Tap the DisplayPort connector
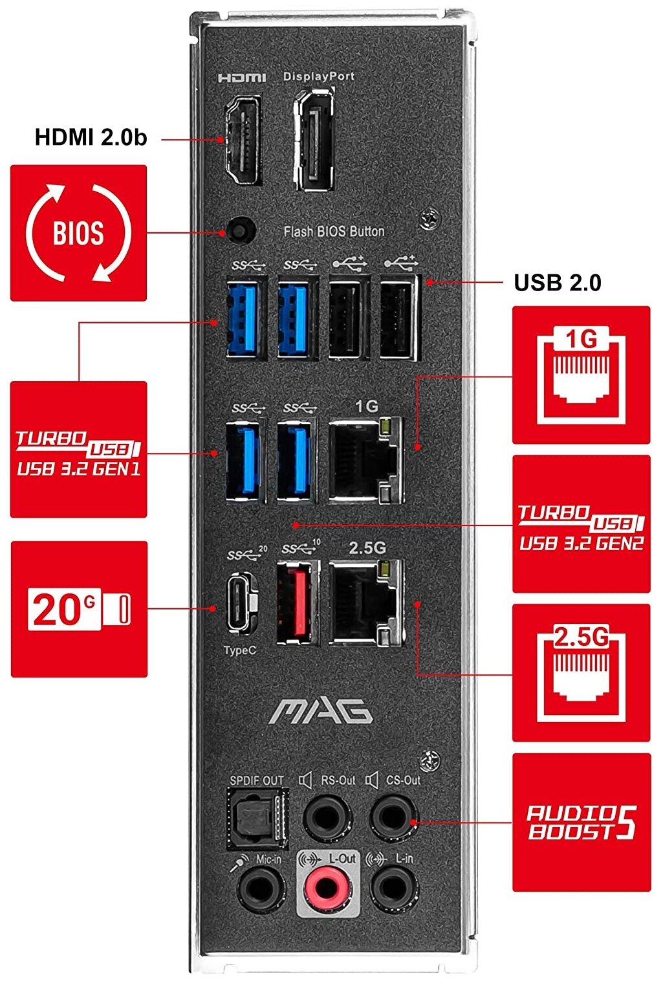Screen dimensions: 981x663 (315, 140)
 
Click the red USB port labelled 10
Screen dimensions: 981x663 (297, 602)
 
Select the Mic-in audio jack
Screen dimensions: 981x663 (261, 888)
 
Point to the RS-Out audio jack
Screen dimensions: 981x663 (327, 817)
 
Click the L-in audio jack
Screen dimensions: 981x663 (393, 888)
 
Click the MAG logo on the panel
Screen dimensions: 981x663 (321, 711)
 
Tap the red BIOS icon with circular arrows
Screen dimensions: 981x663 (78, 233)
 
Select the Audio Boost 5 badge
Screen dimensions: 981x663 (581, 822)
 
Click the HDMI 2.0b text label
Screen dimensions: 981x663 (91, 137)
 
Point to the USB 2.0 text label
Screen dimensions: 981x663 (557, 283)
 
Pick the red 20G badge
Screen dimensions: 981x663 (79, 609)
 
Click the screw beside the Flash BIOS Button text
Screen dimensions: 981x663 (429, 219)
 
